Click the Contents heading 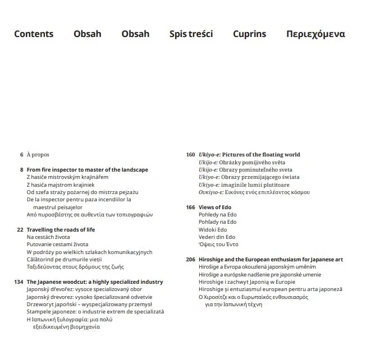34,34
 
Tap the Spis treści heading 191,34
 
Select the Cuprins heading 249,34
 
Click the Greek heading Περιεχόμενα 315,34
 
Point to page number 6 21,154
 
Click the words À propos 38,154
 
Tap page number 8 21,169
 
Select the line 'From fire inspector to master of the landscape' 87,169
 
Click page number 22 20,229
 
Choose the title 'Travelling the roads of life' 61,229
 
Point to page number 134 19,281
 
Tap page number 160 190,154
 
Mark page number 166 190,207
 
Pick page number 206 190,260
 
